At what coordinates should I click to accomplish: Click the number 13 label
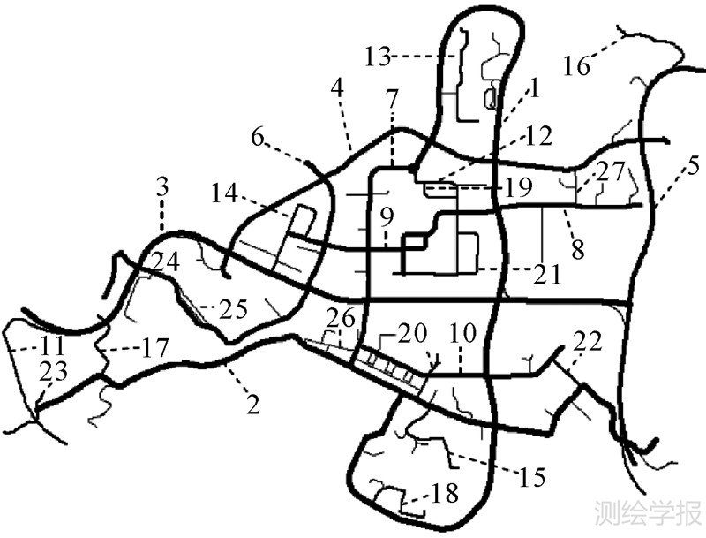pyautogui.click(x=378, y=58)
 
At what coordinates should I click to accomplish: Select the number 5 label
pyautogui.click(x=694, y=164)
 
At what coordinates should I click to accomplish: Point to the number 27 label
pyautogui.click(x=609, y=170)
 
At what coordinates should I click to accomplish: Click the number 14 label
pyautogui.click(x=226, y=192)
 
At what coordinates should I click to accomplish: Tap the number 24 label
pyautogui.click(x=163, y=261)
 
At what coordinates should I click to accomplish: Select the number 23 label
pyautogui.click(x=53, y=372)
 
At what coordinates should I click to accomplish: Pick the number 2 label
pyautogui.click(x=253, y=405)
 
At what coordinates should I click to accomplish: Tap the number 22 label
pyautogui.click(x=586, y=340)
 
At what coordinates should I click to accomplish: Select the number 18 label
pyautogui.click(x=444, y=494)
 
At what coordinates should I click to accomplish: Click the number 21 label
pyautogui.click(x=547, y=275)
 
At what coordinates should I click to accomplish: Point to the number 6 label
pyautogui.click(x=259, y=137)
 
